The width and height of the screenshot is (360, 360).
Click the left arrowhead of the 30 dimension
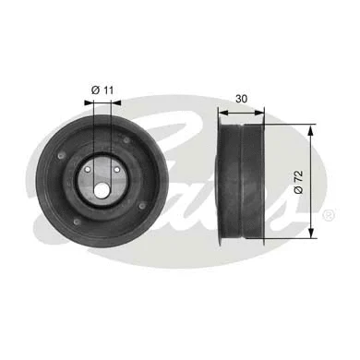pyautogui.click(x=222, y=113)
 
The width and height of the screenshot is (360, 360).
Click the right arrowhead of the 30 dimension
pyautogui.click(x=265, y=113)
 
